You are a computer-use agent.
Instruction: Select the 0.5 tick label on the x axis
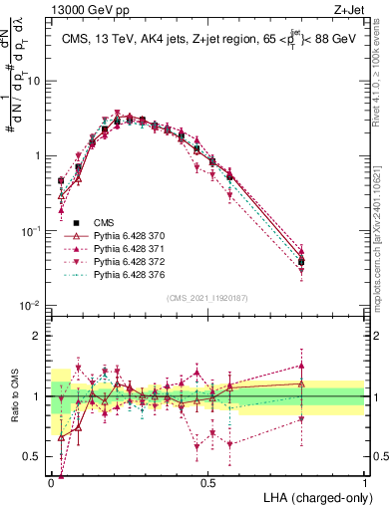pyautogui.click(x=208, y=482)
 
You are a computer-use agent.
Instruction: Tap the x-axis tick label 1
pyautogui.click(x=365, y=482)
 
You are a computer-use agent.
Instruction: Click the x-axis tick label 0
pyautogui.click(x=52, y=482)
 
